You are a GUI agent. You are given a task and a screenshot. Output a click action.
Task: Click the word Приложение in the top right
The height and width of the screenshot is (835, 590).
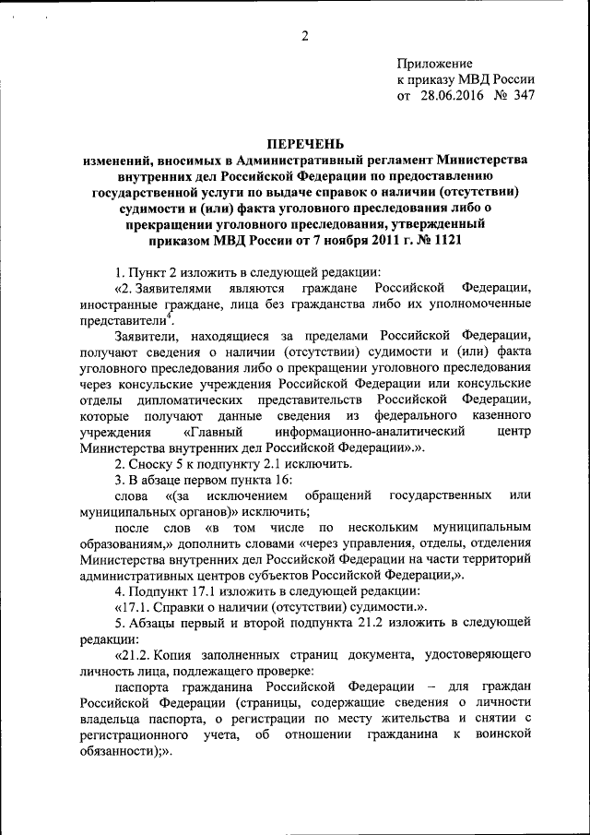click(433, 63)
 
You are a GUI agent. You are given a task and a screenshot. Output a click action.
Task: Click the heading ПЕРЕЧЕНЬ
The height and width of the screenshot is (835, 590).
click(304, 143)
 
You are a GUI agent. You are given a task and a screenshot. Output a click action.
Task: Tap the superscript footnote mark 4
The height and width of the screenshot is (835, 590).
click(169, 315)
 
